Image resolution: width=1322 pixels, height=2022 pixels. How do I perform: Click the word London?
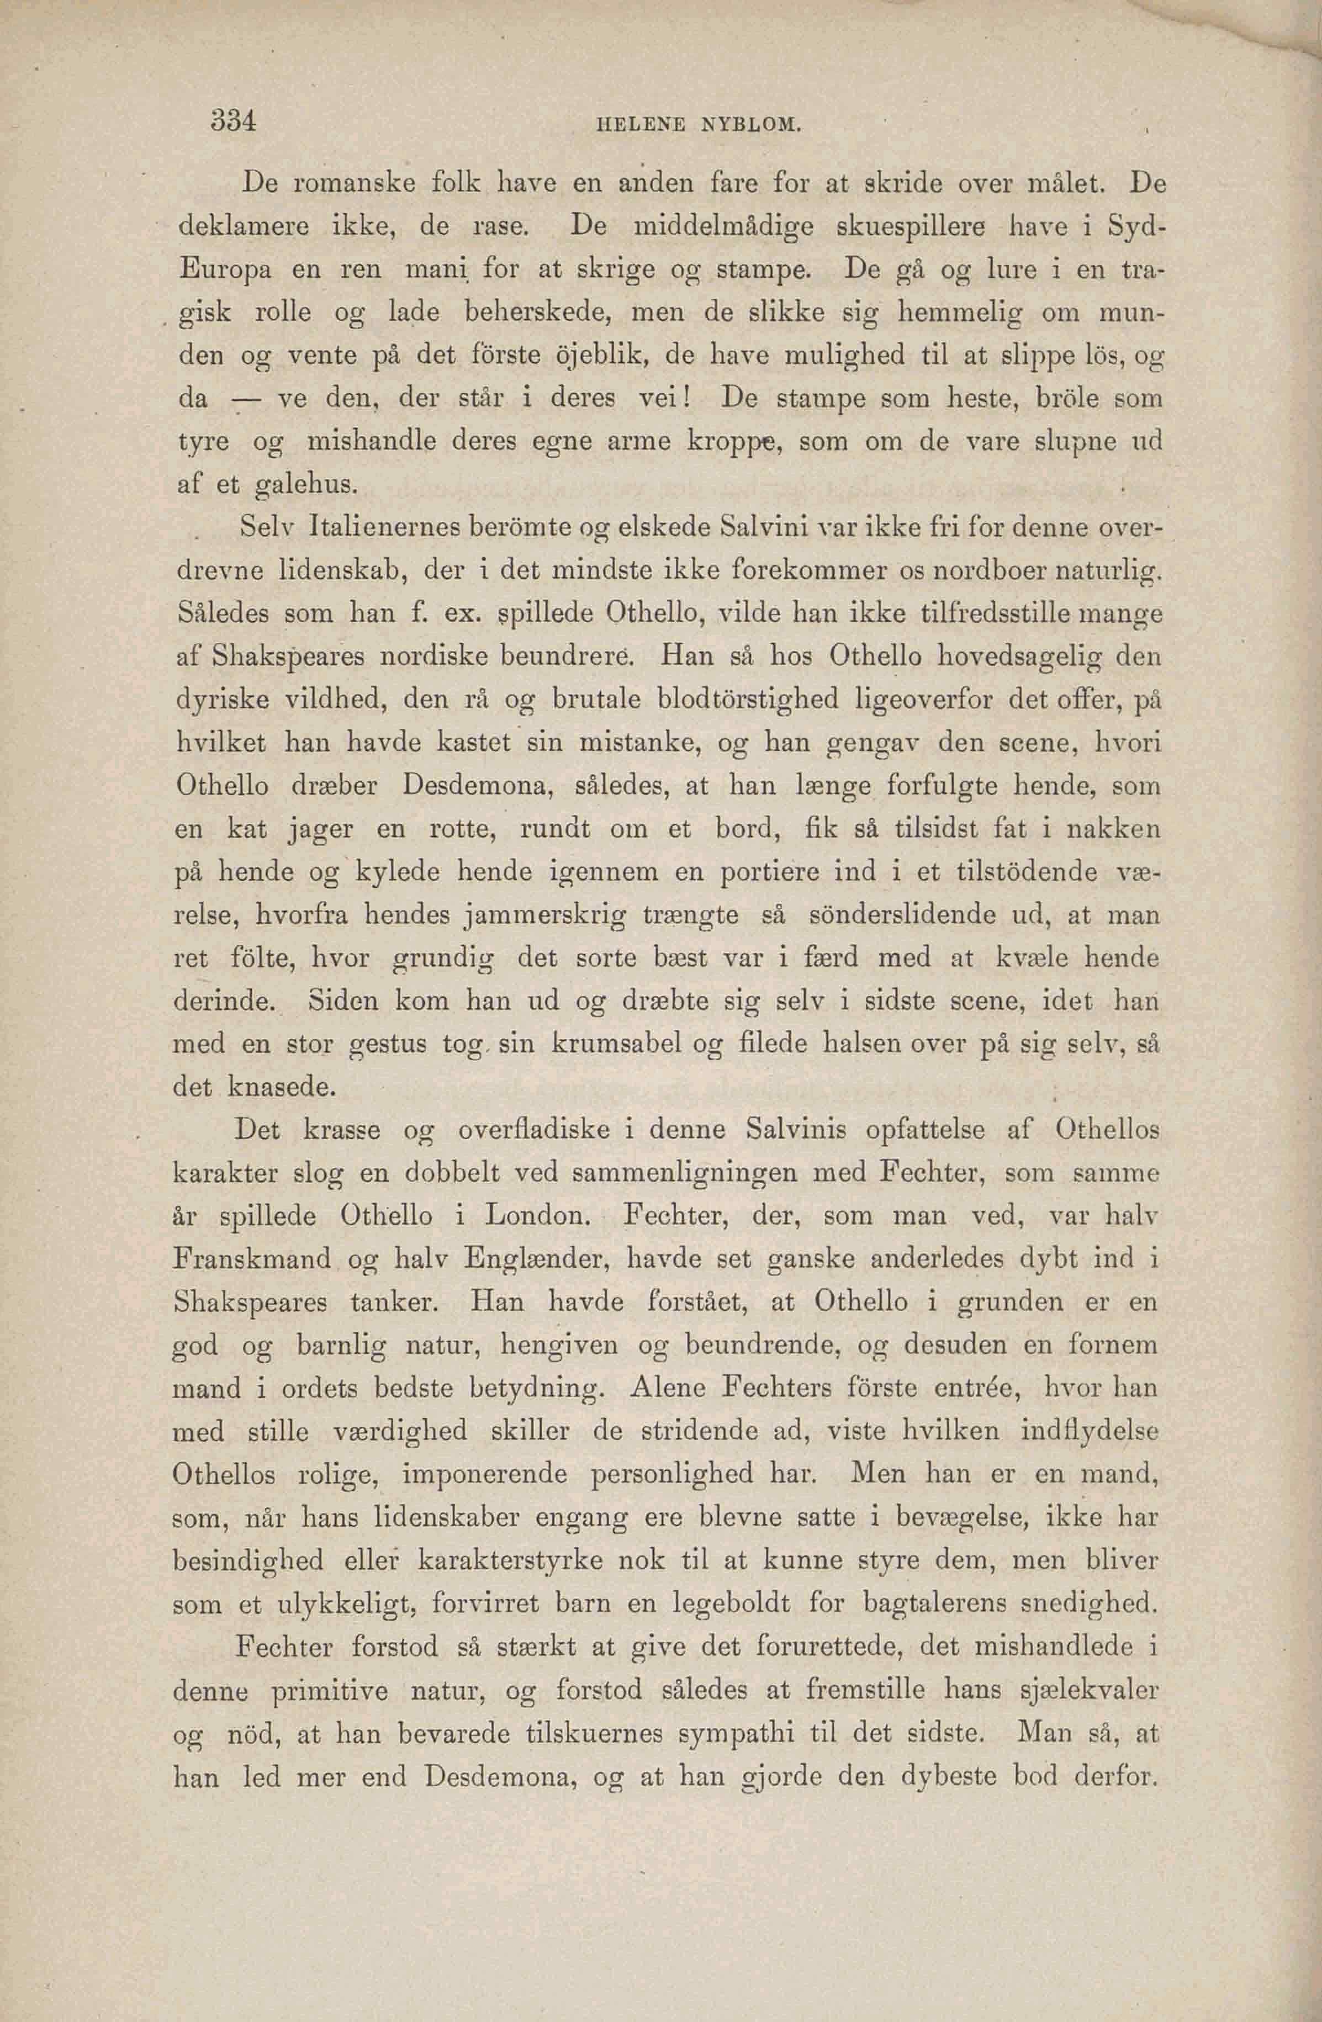(537, 1216)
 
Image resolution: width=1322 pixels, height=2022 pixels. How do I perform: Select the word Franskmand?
(251, 1259)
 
